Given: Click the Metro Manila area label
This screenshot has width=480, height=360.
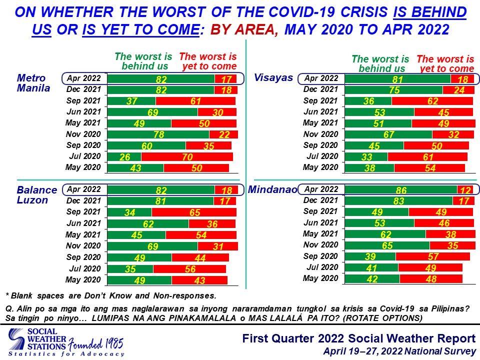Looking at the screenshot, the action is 33,83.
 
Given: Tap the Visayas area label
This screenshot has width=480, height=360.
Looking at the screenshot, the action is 273,78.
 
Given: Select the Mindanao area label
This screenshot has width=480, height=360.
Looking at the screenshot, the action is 272,189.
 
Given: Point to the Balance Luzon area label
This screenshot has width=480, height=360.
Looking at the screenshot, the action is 36,195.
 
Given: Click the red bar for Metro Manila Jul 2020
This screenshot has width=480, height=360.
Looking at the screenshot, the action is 187,156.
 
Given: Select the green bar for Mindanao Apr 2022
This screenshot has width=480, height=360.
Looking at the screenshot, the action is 401,190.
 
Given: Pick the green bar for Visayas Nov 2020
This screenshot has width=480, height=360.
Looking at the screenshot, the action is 388,134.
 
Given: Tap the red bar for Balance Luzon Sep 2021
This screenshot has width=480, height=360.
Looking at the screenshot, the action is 194,212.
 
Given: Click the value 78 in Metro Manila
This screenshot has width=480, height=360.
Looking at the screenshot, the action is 159,134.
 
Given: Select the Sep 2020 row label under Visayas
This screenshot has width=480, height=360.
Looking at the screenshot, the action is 320,145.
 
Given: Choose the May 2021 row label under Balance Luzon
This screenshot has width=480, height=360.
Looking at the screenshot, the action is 83,235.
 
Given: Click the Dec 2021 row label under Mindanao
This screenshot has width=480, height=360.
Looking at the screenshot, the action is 320,200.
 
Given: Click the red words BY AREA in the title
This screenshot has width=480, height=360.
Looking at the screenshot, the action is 244,29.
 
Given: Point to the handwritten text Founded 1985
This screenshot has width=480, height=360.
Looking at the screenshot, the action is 95,343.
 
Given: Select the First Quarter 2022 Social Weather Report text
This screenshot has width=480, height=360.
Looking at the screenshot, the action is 359,338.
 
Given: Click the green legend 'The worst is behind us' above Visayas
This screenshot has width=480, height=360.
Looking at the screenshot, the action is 380,63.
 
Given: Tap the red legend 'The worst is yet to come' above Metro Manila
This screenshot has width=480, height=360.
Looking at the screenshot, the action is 208,61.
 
